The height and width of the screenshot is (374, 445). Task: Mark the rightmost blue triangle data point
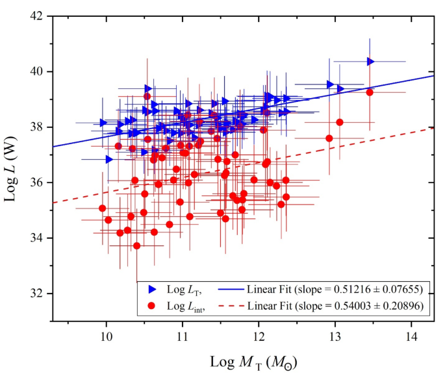click(370, 62)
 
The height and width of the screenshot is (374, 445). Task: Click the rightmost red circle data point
click(370, 92)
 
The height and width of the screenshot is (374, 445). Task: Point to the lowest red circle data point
click(136, 245)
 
